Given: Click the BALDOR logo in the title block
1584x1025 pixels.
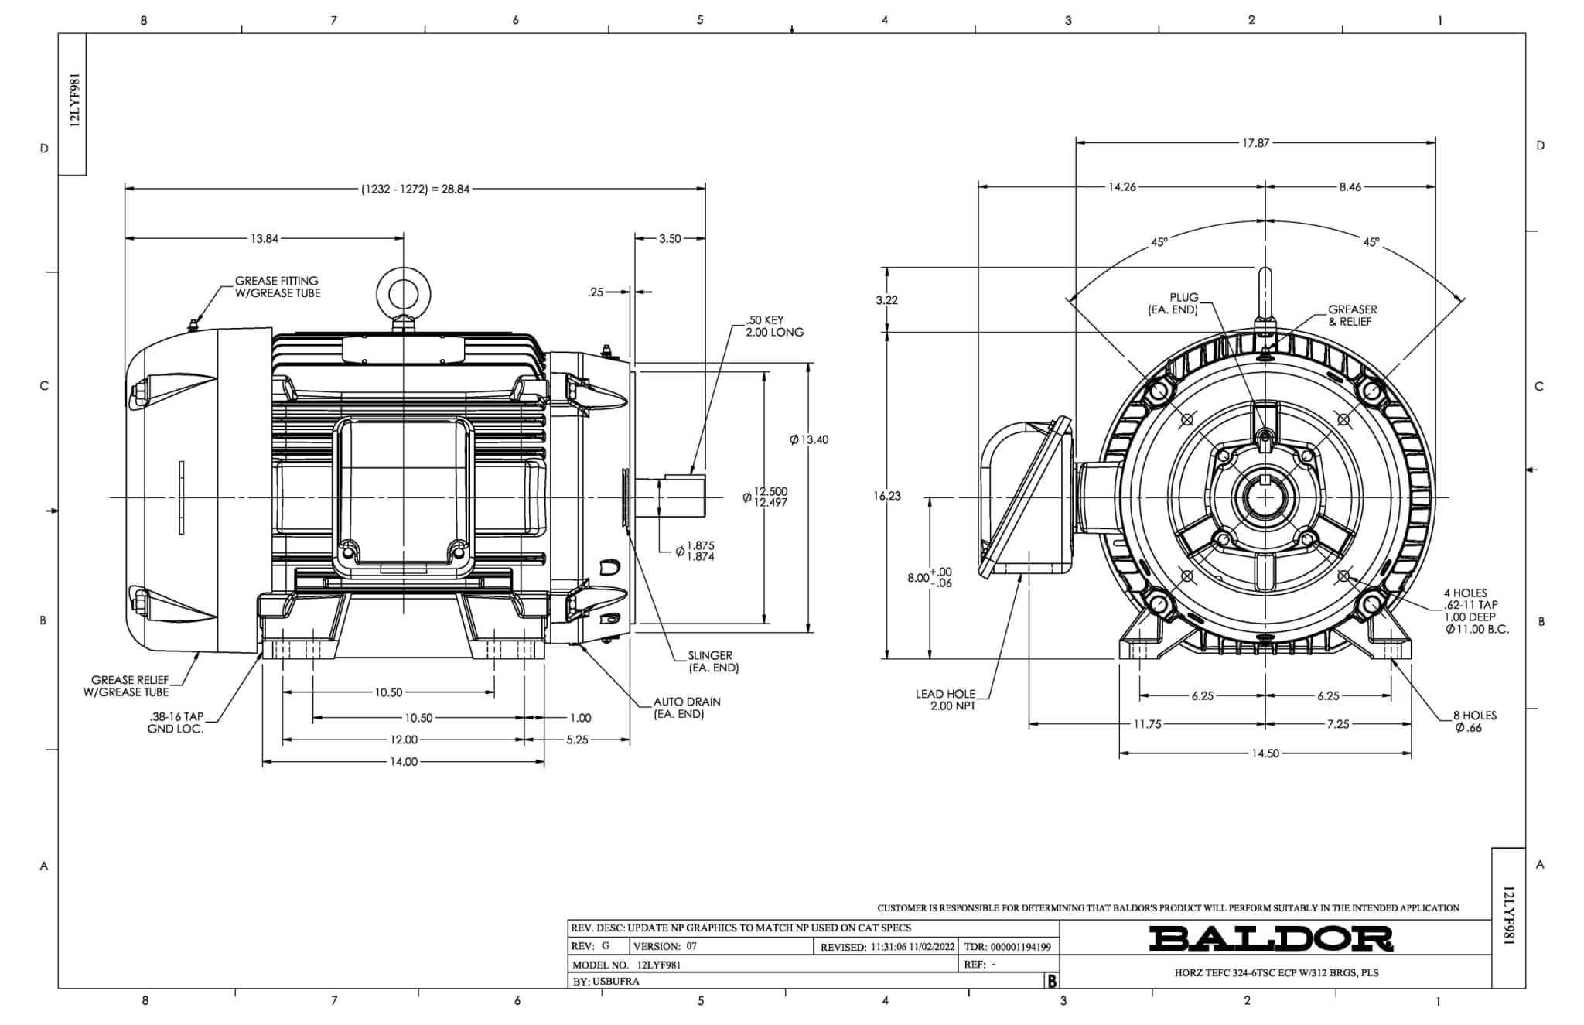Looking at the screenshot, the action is pos(1271,938).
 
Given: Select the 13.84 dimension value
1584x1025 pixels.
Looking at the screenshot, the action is pos(264,239).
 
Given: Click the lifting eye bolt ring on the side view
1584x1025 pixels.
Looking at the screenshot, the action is pos(403,294).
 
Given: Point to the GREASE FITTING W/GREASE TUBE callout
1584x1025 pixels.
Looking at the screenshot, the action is pos(278,287).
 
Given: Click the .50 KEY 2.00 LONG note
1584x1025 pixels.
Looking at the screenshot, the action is pos(774,326).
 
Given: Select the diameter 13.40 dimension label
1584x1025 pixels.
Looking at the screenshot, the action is pos(809,439).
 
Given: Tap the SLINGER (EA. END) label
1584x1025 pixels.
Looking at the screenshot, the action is pos(713,661).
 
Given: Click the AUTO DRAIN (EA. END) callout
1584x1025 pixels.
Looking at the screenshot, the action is pos(687,708).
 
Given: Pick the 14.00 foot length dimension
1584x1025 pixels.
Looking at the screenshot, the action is pos(403,762).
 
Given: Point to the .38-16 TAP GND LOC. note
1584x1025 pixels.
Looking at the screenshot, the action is pos(176,723).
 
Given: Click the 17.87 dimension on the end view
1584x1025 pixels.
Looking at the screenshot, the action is pos(1255,143).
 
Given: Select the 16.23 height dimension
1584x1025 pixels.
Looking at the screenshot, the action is pos(887,496).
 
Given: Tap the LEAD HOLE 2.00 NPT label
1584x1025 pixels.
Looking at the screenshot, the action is pos(945,700).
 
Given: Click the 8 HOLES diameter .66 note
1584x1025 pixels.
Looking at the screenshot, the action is pos(1474,722).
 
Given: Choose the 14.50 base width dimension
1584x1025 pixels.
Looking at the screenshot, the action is pos(1265,753).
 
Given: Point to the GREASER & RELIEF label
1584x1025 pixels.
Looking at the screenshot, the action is pos(1353,316).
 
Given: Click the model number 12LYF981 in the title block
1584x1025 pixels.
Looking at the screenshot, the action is pos(659,965).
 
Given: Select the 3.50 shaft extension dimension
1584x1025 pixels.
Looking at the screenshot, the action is pos(670,239).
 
